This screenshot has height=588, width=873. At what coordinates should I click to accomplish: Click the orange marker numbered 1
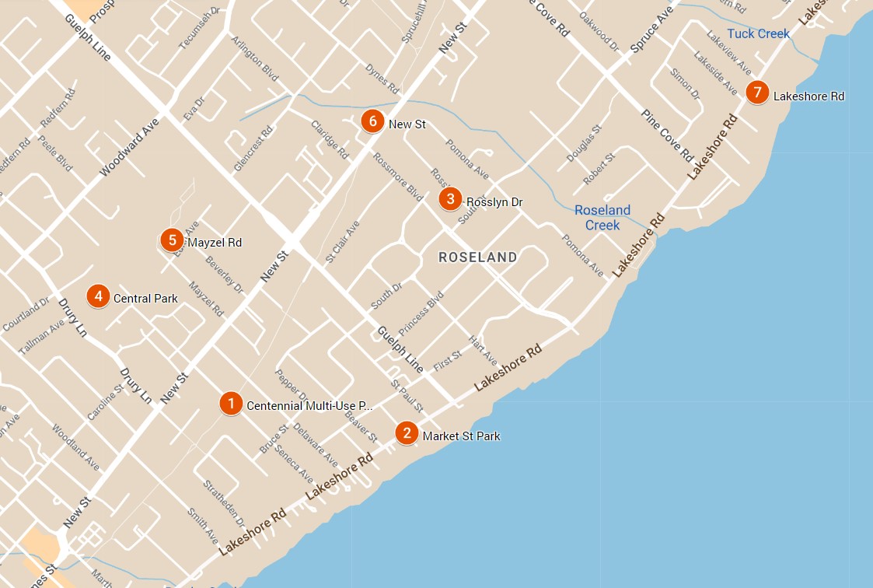point(230,403)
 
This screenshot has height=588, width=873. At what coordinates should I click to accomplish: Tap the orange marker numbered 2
point(406,432)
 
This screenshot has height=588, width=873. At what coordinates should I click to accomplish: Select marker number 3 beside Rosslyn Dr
point(450,199)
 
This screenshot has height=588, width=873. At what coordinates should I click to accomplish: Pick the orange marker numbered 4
point(97,296)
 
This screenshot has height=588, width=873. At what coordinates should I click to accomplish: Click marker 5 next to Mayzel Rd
point(172,240)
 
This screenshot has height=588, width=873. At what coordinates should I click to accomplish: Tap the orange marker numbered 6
point(372,121)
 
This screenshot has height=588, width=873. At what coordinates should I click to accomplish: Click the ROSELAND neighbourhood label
point(477,257)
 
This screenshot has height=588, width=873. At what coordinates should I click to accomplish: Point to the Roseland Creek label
point(602,218)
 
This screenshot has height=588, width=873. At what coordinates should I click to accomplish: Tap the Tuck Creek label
point(758,33)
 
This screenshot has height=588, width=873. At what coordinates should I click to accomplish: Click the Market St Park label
point(461,436)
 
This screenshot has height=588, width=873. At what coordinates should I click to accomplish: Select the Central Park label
point(145,299)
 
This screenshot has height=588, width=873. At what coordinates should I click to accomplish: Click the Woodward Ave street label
point(129,147)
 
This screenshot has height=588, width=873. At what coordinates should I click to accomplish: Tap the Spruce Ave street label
point(652,31)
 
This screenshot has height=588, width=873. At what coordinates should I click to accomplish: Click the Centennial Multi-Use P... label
point(309,406)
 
